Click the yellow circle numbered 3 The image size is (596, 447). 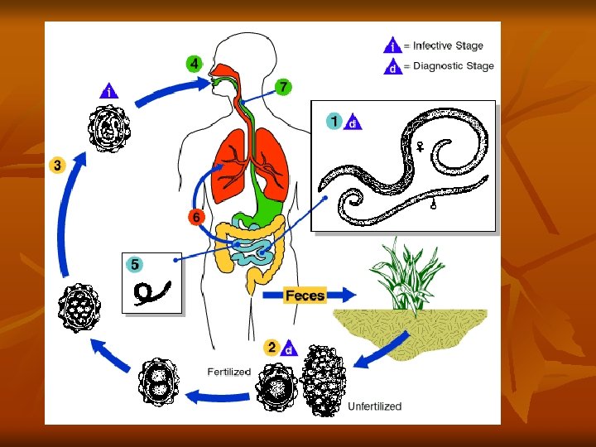57,165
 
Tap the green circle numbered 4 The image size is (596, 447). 194,64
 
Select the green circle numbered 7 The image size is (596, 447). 283,86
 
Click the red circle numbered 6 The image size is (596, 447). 195,218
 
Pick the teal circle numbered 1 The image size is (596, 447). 334,122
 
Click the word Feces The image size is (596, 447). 305,295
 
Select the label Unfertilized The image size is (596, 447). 374,406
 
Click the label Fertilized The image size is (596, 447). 228,372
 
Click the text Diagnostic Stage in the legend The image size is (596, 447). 453,66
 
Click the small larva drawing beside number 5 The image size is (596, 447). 154,291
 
